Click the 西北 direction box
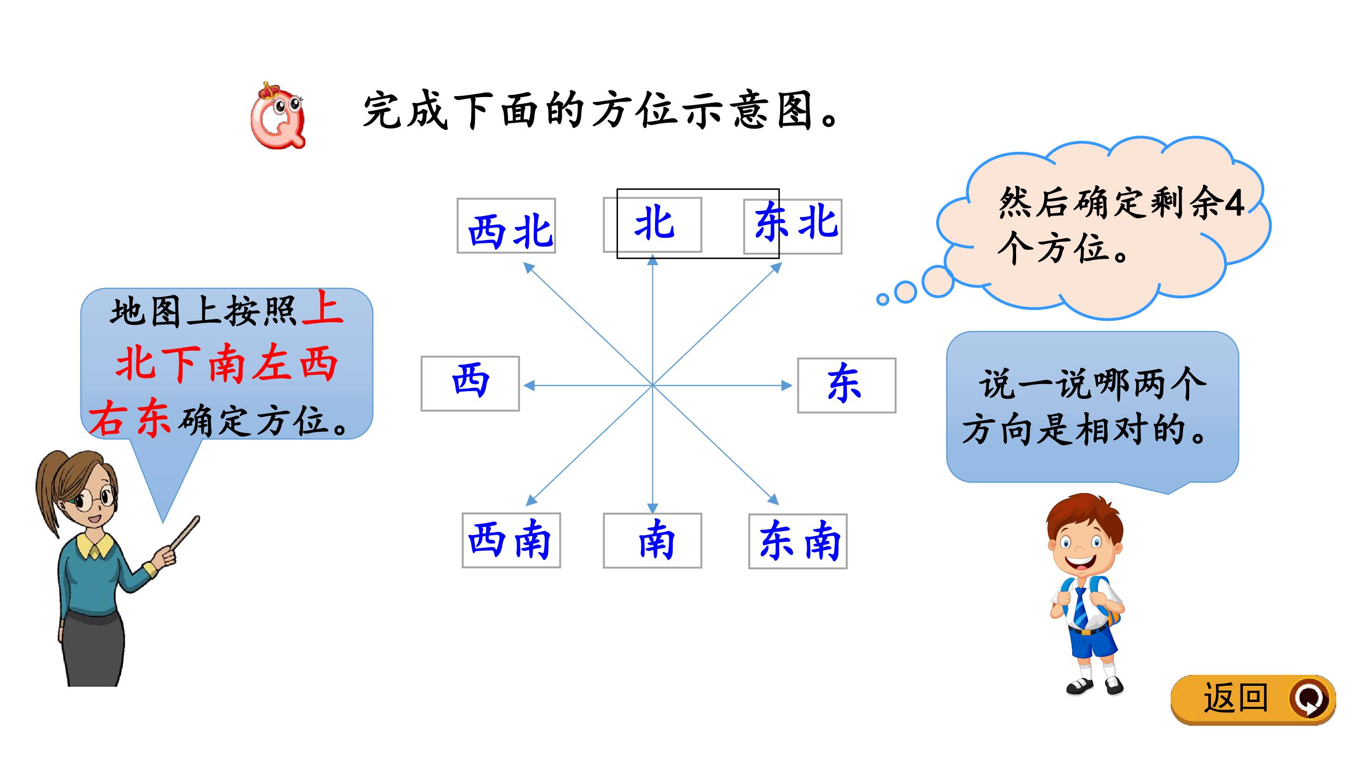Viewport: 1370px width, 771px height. pyautogui.click(x=506, y=226)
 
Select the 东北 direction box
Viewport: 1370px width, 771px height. pyautogui.click(x=793, y=226)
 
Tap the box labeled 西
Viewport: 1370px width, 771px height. pyautogui.click(x=470, y=384)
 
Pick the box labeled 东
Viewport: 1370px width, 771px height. pyautogui.click(x=847, y=385)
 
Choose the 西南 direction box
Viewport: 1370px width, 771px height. pyautogui.click(x=511, y=540)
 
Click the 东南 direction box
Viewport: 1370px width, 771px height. pyautogui.click(x=798, y=541)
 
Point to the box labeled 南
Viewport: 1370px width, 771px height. pyautogui.click(x=653, y=541)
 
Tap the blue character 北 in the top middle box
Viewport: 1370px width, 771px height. pyautogui.click(x=654, y=224)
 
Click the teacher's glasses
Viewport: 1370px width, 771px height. pyautogui.click(x=94, y=500)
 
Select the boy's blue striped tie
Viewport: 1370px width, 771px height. pyautogui.click(x=1080, y=607)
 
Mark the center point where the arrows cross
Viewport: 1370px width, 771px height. pyautogui.click(x=653, y=385)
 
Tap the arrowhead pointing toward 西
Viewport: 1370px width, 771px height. pyautogui.click(x=529, y=385)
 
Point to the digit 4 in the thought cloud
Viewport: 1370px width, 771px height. pyautogui.click(x=1234, y=204)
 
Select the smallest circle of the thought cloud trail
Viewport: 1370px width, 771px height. pyautogui.click(x=882, y=299)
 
